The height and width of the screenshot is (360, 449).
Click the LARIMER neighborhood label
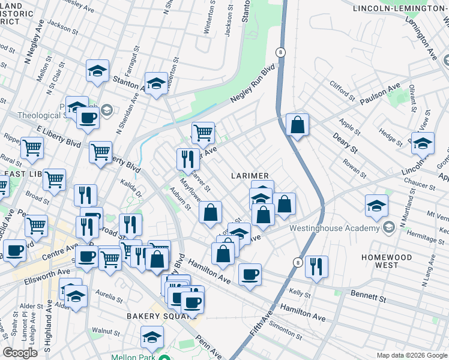tap(252, 175)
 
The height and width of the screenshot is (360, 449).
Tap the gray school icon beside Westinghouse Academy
tap(389, 227)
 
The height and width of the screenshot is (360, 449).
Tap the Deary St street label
tap(346, 148)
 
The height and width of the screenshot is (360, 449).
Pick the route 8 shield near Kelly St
tap(298, 263)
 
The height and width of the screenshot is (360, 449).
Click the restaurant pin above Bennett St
tap(316, 266)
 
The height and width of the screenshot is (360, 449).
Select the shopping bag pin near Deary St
tap(297, 125)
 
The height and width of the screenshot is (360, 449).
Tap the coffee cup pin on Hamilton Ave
tap(250, 275)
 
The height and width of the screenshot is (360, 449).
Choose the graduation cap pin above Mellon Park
tap(152, 337)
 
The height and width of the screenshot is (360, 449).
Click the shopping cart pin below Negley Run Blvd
tap(203, 132)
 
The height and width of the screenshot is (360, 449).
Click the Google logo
tap(20, 353)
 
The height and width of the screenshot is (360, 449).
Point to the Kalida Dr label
tap(134, 192)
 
